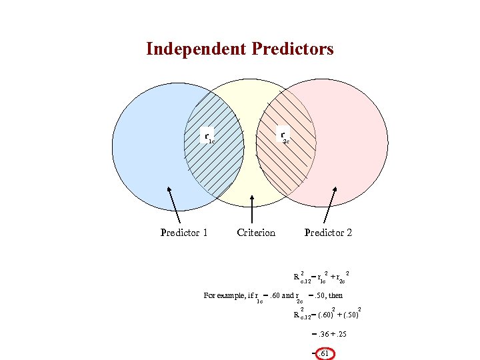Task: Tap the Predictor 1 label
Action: click(184, 232)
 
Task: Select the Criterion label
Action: click(256, 232)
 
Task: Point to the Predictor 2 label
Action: click(328, 232)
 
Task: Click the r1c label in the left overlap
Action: click(209, 138)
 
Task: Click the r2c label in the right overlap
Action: click(284, 138)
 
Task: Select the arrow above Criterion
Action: click(251, 209)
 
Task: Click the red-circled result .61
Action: click(323, 353)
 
